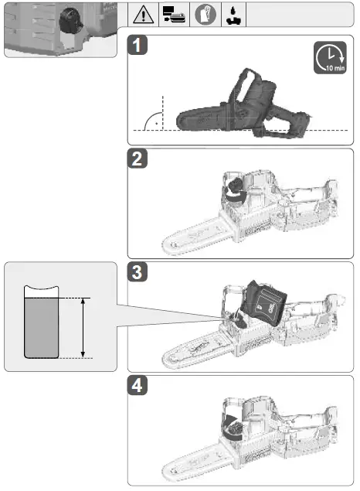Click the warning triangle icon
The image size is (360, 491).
click(x=144, y=15)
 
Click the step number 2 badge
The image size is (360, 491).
click(x=138, y=160)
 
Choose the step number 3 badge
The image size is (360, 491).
click(x=138, y=273)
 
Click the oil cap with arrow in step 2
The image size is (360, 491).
click(x=233, y=190)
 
